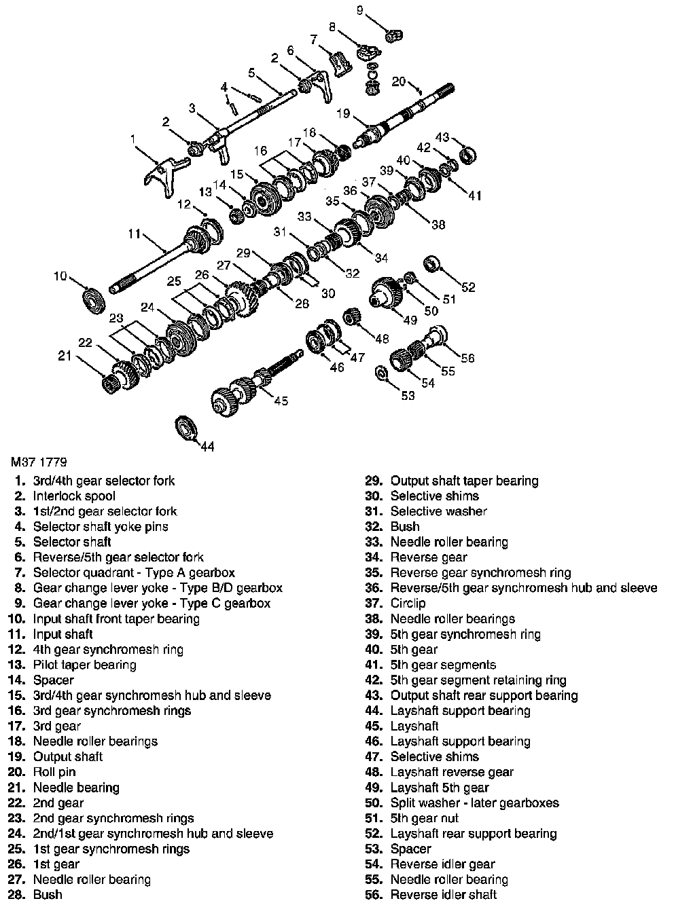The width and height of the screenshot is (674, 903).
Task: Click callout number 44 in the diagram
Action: (x=207, y=446)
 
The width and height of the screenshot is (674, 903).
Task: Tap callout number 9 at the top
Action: (x=360, y=10)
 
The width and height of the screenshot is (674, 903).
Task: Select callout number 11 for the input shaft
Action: (x=134, y=234)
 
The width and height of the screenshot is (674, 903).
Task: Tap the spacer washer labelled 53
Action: (x=381, y=372)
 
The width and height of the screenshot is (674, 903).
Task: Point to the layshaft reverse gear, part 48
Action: (x=351, y=317)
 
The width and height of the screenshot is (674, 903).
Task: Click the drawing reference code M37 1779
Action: (x=39, y=464)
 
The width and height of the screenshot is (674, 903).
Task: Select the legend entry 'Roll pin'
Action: (x=54, y=772)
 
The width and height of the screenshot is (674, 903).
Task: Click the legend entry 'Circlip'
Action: (x=408, y=603)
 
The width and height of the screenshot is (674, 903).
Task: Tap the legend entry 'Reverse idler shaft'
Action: (x=444, y=895)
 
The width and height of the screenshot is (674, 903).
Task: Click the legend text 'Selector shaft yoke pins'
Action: (x=101, y=526)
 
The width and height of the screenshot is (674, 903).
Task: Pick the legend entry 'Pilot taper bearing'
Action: (x=84, y=665)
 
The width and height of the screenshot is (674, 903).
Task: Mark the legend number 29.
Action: (x=375, y=481)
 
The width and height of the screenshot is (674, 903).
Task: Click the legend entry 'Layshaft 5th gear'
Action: (x=439, y=788)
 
